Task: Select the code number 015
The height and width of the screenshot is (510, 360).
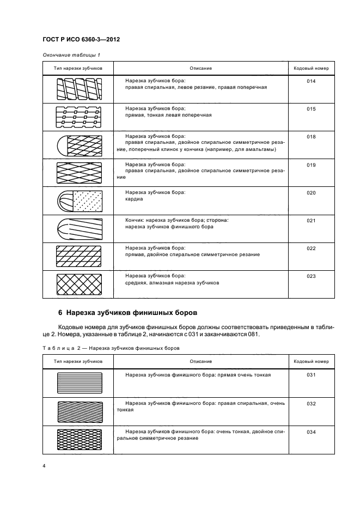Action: pyautogui.click(x=311, y=108)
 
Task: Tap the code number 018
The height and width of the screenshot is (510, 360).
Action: pyautogui.click(x=311, y=137)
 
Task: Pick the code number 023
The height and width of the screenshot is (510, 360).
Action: pyautogui.click(x=311, y=276)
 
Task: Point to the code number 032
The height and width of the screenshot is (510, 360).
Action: pyautogui.click(x=311, y=403)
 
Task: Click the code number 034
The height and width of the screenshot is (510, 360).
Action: pyautogui.click(x=311, y=432)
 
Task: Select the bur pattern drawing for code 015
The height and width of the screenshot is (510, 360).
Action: pyautogui.click(x=78, y=117)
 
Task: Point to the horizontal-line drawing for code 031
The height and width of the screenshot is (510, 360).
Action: pyautogui.click(x=78, y=382)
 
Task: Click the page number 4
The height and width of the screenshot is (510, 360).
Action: pyautogui.click(x=44, y=466)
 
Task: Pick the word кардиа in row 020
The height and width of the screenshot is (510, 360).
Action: pyautogui.click(x=133, y=199)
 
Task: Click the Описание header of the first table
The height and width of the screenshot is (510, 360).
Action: pyautogui.click(x=200, y=68)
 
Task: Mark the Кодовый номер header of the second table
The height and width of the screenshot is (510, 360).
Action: pyautogui.click(x=311, y=361)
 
